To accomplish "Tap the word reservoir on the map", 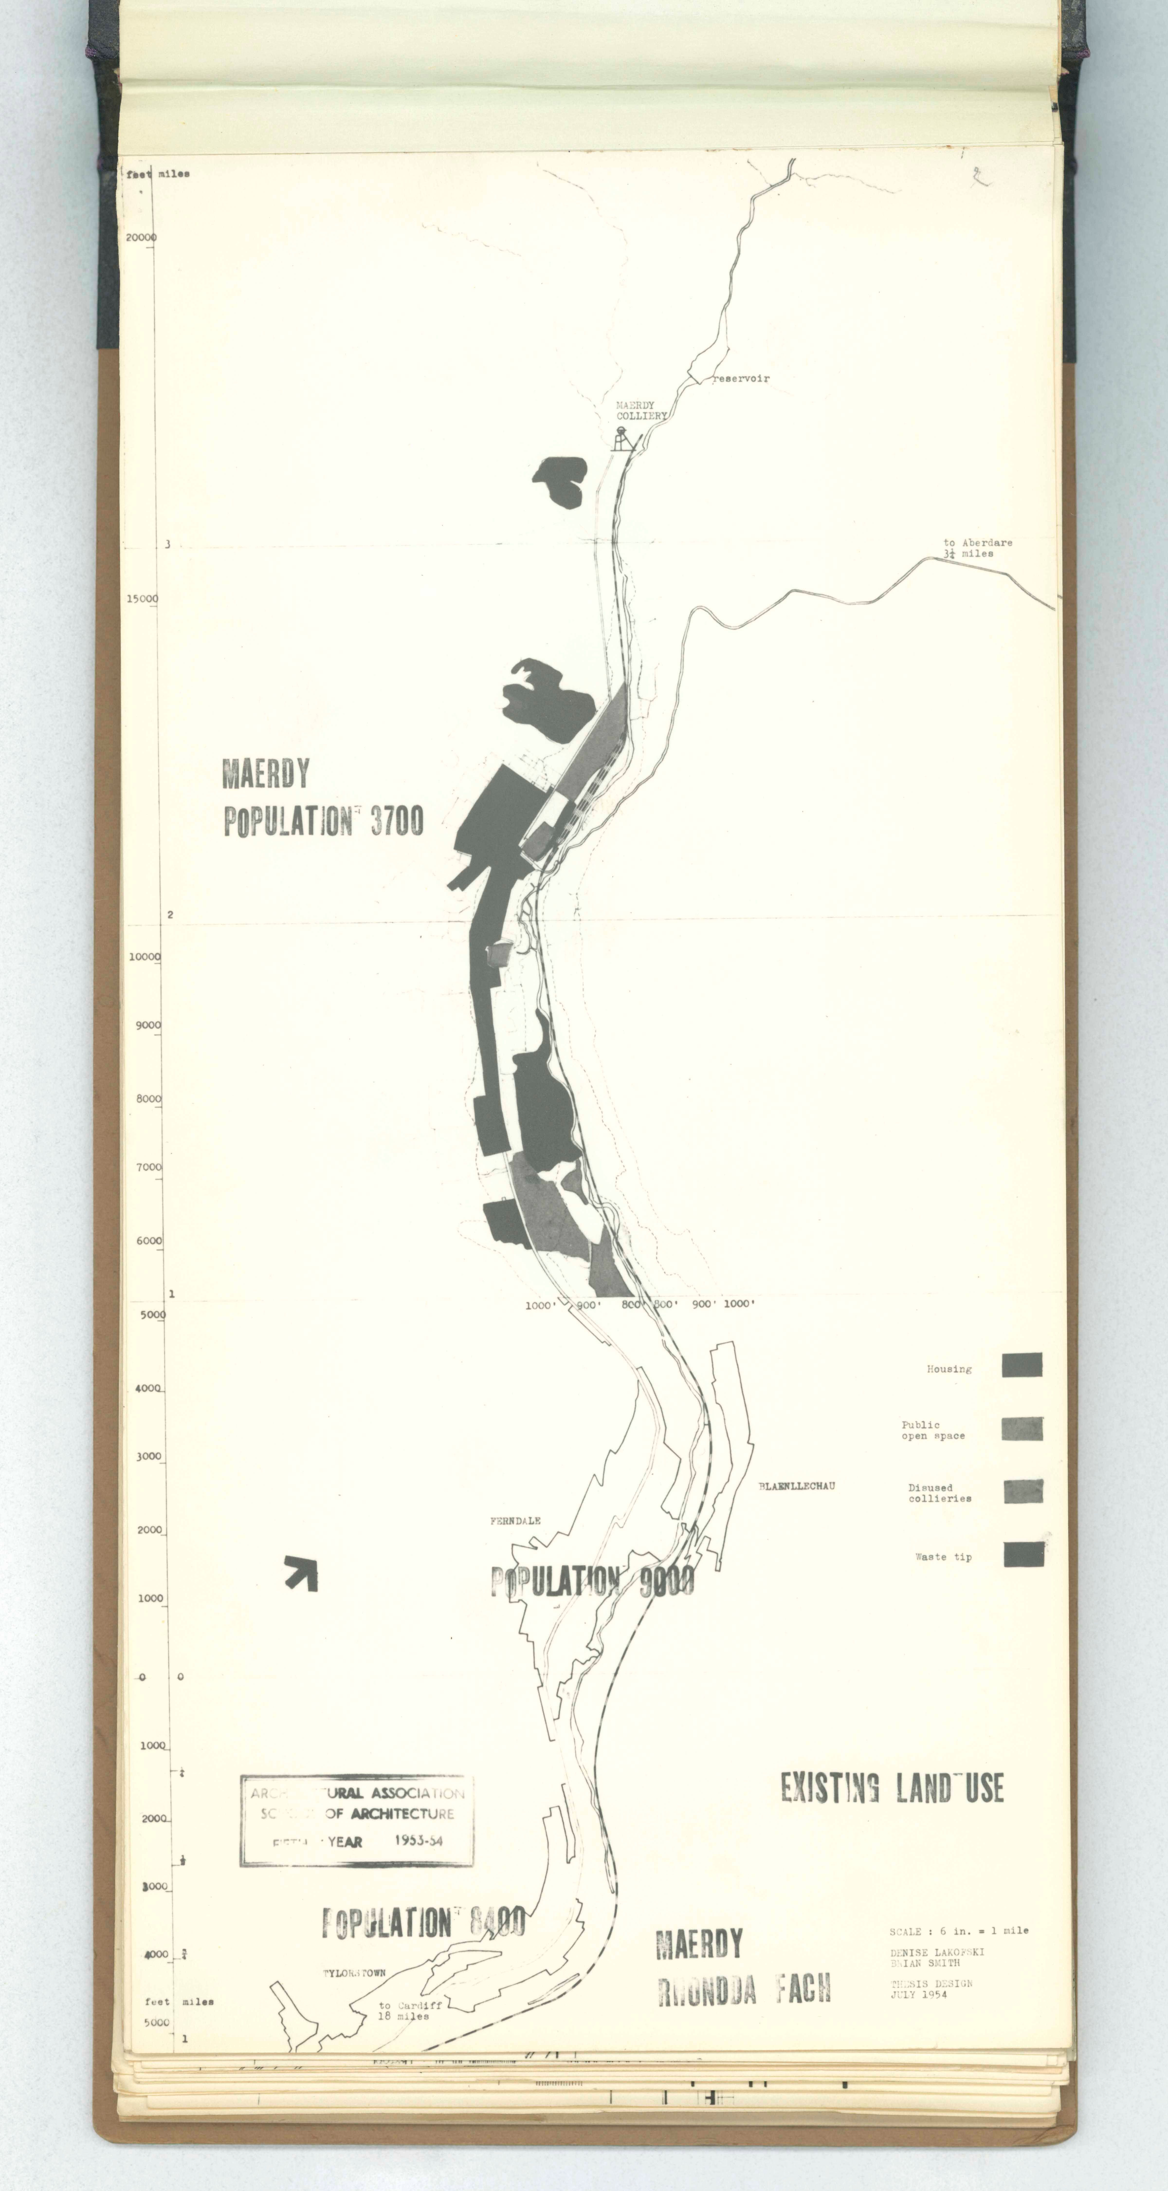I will click(x=740, y=379).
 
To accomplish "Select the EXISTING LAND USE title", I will click(x=892, y=1788).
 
